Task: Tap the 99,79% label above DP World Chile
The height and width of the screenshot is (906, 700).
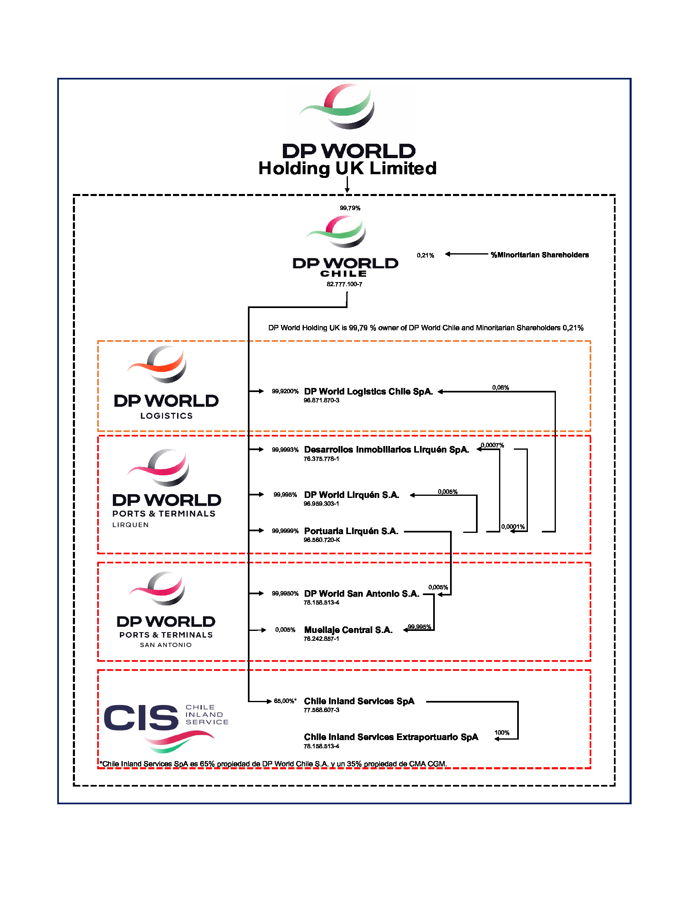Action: click(x=350, y=208)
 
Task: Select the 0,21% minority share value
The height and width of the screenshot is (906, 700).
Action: click(x=425, y=255)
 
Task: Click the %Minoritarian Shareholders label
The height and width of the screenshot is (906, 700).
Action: click(x=539, y=255)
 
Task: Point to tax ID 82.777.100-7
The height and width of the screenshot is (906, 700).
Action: click(x=344, y=284)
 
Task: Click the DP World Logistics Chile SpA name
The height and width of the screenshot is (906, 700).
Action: click(x=368, y=391)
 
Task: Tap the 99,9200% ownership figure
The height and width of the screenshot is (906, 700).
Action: click(x=285, y=391)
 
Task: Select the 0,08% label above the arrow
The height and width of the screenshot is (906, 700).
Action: click(x=501, y=388)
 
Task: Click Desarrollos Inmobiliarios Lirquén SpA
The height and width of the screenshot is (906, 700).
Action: click(x=387, y=449)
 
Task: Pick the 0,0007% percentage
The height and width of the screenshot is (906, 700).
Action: click(x=492, y=445)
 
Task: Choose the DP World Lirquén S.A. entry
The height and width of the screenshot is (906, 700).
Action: click(x=352, y=495)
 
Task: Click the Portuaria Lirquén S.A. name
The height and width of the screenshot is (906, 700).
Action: click(x=351, y=531)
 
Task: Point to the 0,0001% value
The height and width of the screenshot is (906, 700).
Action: click(x=513, y=527)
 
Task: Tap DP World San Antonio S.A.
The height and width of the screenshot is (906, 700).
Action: click(x=362, y=593)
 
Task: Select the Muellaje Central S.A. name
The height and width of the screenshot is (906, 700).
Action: click(x=348, y=630)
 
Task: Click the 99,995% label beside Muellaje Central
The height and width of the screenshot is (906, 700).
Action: click(x=419, y=626)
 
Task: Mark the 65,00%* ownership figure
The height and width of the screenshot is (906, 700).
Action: click(x=285, y=701)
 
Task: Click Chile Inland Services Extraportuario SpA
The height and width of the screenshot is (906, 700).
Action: click(x=391, y=737)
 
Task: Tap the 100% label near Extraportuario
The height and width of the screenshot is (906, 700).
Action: click(x=502, y=733)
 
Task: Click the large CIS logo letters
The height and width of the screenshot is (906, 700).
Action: click(x=141, y=718)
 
